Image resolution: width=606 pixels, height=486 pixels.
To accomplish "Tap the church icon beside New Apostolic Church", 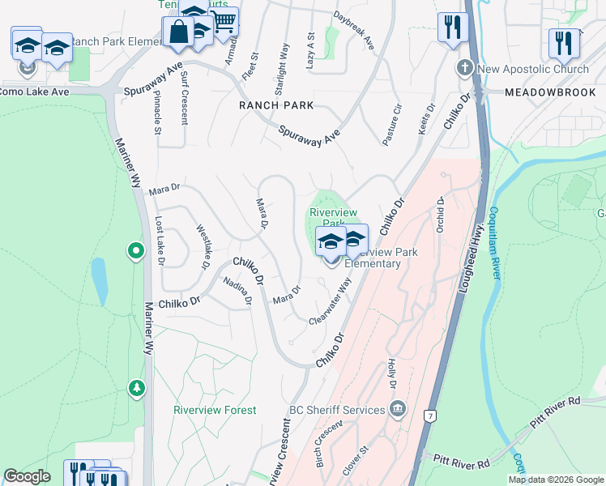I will click(466, 68).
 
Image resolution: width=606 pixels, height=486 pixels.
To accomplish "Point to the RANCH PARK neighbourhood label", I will click(275, 105).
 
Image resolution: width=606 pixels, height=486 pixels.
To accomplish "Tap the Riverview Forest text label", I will click(215, 411).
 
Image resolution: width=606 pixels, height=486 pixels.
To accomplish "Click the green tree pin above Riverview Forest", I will click(137, 390).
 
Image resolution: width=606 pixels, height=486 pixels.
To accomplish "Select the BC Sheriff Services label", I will click(336, 410).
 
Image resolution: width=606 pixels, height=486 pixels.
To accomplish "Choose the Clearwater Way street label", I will click(331, 302).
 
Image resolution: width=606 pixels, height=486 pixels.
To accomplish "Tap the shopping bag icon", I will click(177, 33).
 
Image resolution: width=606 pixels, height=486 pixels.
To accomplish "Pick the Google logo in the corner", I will click(28, 476).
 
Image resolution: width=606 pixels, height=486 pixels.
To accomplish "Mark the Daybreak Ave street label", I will click(355, 29).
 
